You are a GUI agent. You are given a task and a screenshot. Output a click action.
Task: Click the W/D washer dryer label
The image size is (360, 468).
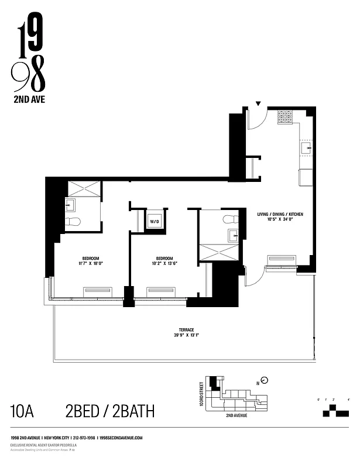click(155, 222)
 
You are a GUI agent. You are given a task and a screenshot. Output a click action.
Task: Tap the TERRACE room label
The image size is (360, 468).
click(187, 329)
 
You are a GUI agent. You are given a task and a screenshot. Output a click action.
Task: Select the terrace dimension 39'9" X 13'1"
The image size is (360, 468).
click(187, 335)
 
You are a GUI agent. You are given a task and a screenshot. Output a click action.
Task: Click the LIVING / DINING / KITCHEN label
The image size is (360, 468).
click(279, 214)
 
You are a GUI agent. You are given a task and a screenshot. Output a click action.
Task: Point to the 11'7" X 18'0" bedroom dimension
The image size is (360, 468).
click(90, 264)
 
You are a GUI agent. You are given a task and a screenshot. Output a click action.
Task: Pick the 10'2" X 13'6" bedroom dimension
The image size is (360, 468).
click(164, 264)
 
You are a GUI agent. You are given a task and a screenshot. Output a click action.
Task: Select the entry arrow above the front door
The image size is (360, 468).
click(258, 104)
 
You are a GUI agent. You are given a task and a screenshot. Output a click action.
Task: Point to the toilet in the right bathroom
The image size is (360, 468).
click(229, 219)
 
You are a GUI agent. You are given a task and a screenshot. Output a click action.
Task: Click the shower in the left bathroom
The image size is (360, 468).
click(84, 190)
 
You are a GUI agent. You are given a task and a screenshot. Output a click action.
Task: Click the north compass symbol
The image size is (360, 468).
click(265, 380)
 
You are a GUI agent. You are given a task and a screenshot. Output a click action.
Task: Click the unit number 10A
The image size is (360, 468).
click(22, 411)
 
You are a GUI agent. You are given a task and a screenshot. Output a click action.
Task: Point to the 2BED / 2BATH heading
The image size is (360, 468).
click(111, 411)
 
